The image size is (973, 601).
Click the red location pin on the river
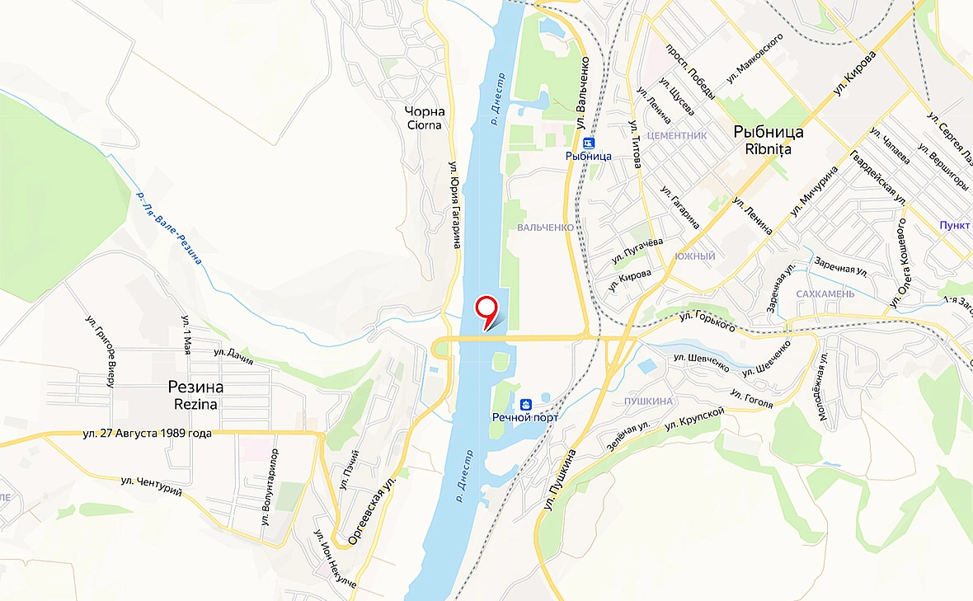(487, 309)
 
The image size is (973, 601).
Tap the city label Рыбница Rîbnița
(768, 140)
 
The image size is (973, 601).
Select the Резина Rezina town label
(195, 395)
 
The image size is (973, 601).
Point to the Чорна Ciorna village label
(425, 118)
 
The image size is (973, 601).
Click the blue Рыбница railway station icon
(588, 141)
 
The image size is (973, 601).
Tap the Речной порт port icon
(524, 404)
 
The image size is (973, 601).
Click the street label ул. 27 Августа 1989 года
(148, 434)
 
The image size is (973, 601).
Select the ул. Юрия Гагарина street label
(454, 204)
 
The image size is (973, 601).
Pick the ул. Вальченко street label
(583, 92)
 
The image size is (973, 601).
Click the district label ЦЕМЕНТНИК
(678, 135)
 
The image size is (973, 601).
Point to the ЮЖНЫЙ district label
(694, 256)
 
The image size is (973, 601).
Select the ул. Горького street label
(707, 322)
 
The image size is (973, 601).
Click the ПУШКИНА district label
(643, 401)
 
